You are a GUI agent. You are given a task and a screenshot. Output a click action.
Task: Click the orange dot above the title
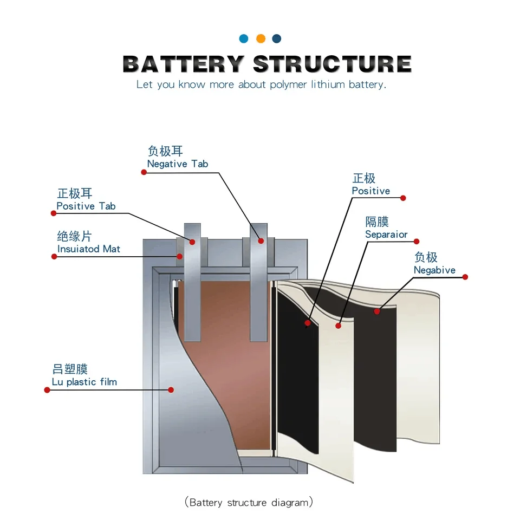tap(261, 38)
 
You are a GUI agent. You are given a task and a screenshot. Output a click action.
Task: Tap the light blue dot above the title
tap(244, 38)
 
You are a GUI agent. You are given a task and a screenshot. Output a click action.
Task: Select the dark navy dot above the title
tap(277, 38)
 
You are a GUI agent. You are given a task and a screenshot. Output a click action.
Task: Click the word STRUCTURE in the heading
tap(332, 64)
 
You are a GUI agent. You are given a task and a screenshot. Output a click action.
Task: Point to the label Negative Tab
tap(178, 164)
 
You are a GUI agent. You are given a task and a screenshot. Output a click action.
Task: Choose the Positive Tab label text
tap(86, 206)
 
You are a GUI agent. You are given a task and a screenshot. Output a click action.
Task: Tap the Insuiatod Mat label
tap(89, 249)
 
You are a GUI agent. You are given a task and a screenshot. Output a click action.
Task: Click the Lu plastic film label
tap(84, 382)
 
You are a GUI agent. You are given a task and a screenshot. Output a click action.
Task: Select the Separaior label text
tap(386, 235)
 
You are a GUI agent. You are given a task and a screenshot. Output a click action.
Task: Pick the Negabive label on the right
tap(434, 270)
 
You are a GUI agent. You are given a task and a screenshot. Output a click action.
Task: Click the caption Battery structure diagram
tap(249, 503)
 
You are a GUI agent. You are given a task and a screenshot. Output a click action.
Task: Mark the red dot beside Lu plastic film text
tap(47, 390)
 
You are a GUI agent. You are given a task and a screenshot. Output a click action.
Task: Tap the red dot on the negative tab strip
tap(261, 241)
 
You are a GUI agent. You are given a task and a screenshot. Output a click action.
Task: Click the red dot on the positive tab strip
tap(191, 242)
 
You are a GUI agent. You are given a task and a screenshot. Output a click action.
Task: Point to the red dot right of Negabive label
tap(465, 277)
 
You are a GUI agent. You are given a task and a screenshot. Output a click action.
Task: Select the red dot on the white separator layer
tap(339, 326)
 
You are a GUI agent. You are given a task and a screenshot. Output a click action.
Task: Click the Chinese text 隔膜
tap(377, 222)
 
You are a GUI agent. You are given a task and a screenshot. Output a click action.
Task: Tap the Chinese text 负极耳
tap(165, 151)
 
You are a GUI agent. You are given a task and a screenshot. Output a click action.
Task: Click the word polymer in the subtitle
tap(288, 85)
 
